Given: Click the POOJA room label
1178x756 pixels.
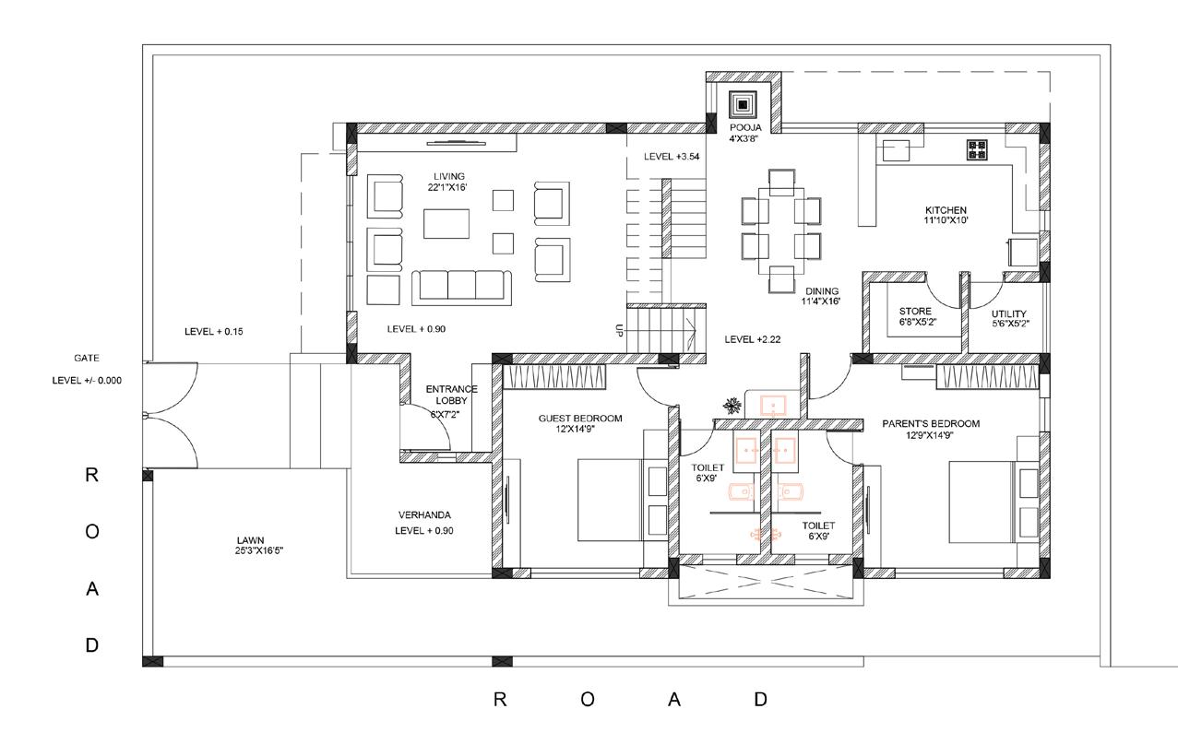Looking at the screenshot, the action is coord(745,128).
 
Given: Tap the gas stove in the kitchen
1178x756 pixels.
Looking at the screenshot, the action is coord(977,149).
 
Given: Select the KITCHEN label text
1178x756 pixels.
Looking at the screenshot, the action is coord(946,210).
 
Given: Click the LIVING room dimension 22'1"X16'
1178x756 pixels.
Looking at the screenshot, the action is coord(447,188).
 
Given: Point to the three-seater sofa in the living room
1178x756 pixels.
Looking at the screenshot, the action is coord(461,288).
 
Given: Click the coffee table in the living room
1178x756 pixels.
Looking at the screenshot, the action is coord(446,224).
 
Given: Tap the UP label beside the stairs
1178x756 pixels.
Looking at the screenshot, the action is coord(619,330).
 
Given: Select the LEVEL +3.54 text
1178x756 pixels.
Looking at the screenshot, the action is coord(672,157).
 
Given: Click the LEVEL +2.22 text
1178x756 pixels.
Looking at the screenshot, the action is coord(753,339).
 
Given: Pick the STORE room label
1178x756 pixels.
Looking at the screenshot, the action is coord(915,312).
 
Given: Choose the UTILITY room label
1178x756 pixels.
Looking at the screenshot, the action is coord(1008,313).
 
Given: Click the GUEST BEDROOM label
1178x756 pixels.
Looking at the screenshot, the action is coord(580,419).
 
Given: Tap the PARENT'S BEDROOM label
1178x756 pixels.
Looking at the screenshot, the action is coord(931,424).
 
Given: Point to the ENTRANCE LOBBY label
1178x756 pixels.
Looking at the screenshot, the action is coord(451,395).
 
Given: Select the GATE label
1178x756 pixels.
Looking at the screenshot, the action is coord(87,358).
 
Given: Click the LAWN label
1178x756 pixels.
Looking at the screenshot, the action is coord(250,540).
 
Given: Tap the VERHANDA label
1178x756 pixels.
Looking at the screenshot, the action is coord(424,515).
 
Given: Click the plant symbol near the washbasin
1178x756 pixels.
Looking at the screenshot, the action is coord(732,406).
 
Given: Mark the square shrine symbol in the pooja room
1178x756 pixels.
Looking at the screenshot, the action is coord(743,105).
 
